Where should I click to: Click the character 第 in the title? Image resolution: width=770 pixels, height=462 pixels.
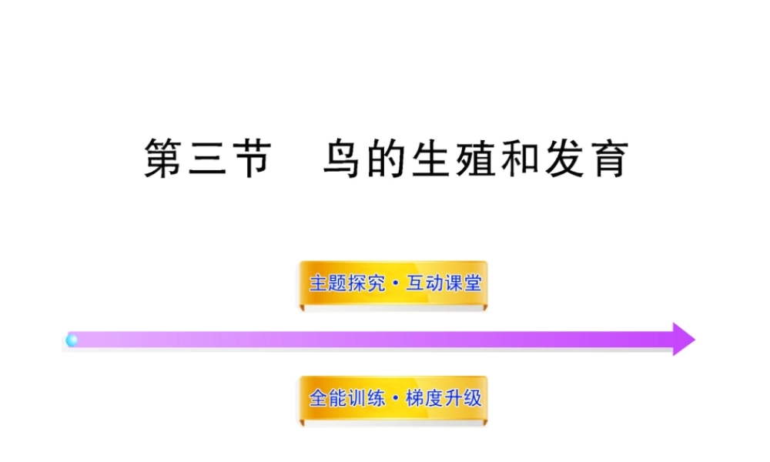pyautogui.click(x=165, y=158)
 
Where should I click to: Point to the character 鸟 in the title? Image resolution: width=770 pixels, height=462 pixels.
pyautogui.click(x=341, y=158)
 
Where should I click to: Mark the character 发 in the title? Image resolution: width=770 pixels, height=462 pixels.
pyautogui.click(x=563, y=158)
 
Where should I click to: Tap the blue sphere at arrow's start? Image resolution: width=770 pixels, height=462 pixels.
pyautogui.click(x=72, y=340)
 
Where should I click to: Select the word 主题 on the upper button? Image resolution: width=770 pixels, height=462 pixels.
pyautogui.click(x=326, y=283)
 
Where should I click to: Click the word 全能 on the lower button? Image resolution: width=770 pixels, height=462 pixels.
pyautogui.click(x=326, y=399)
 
